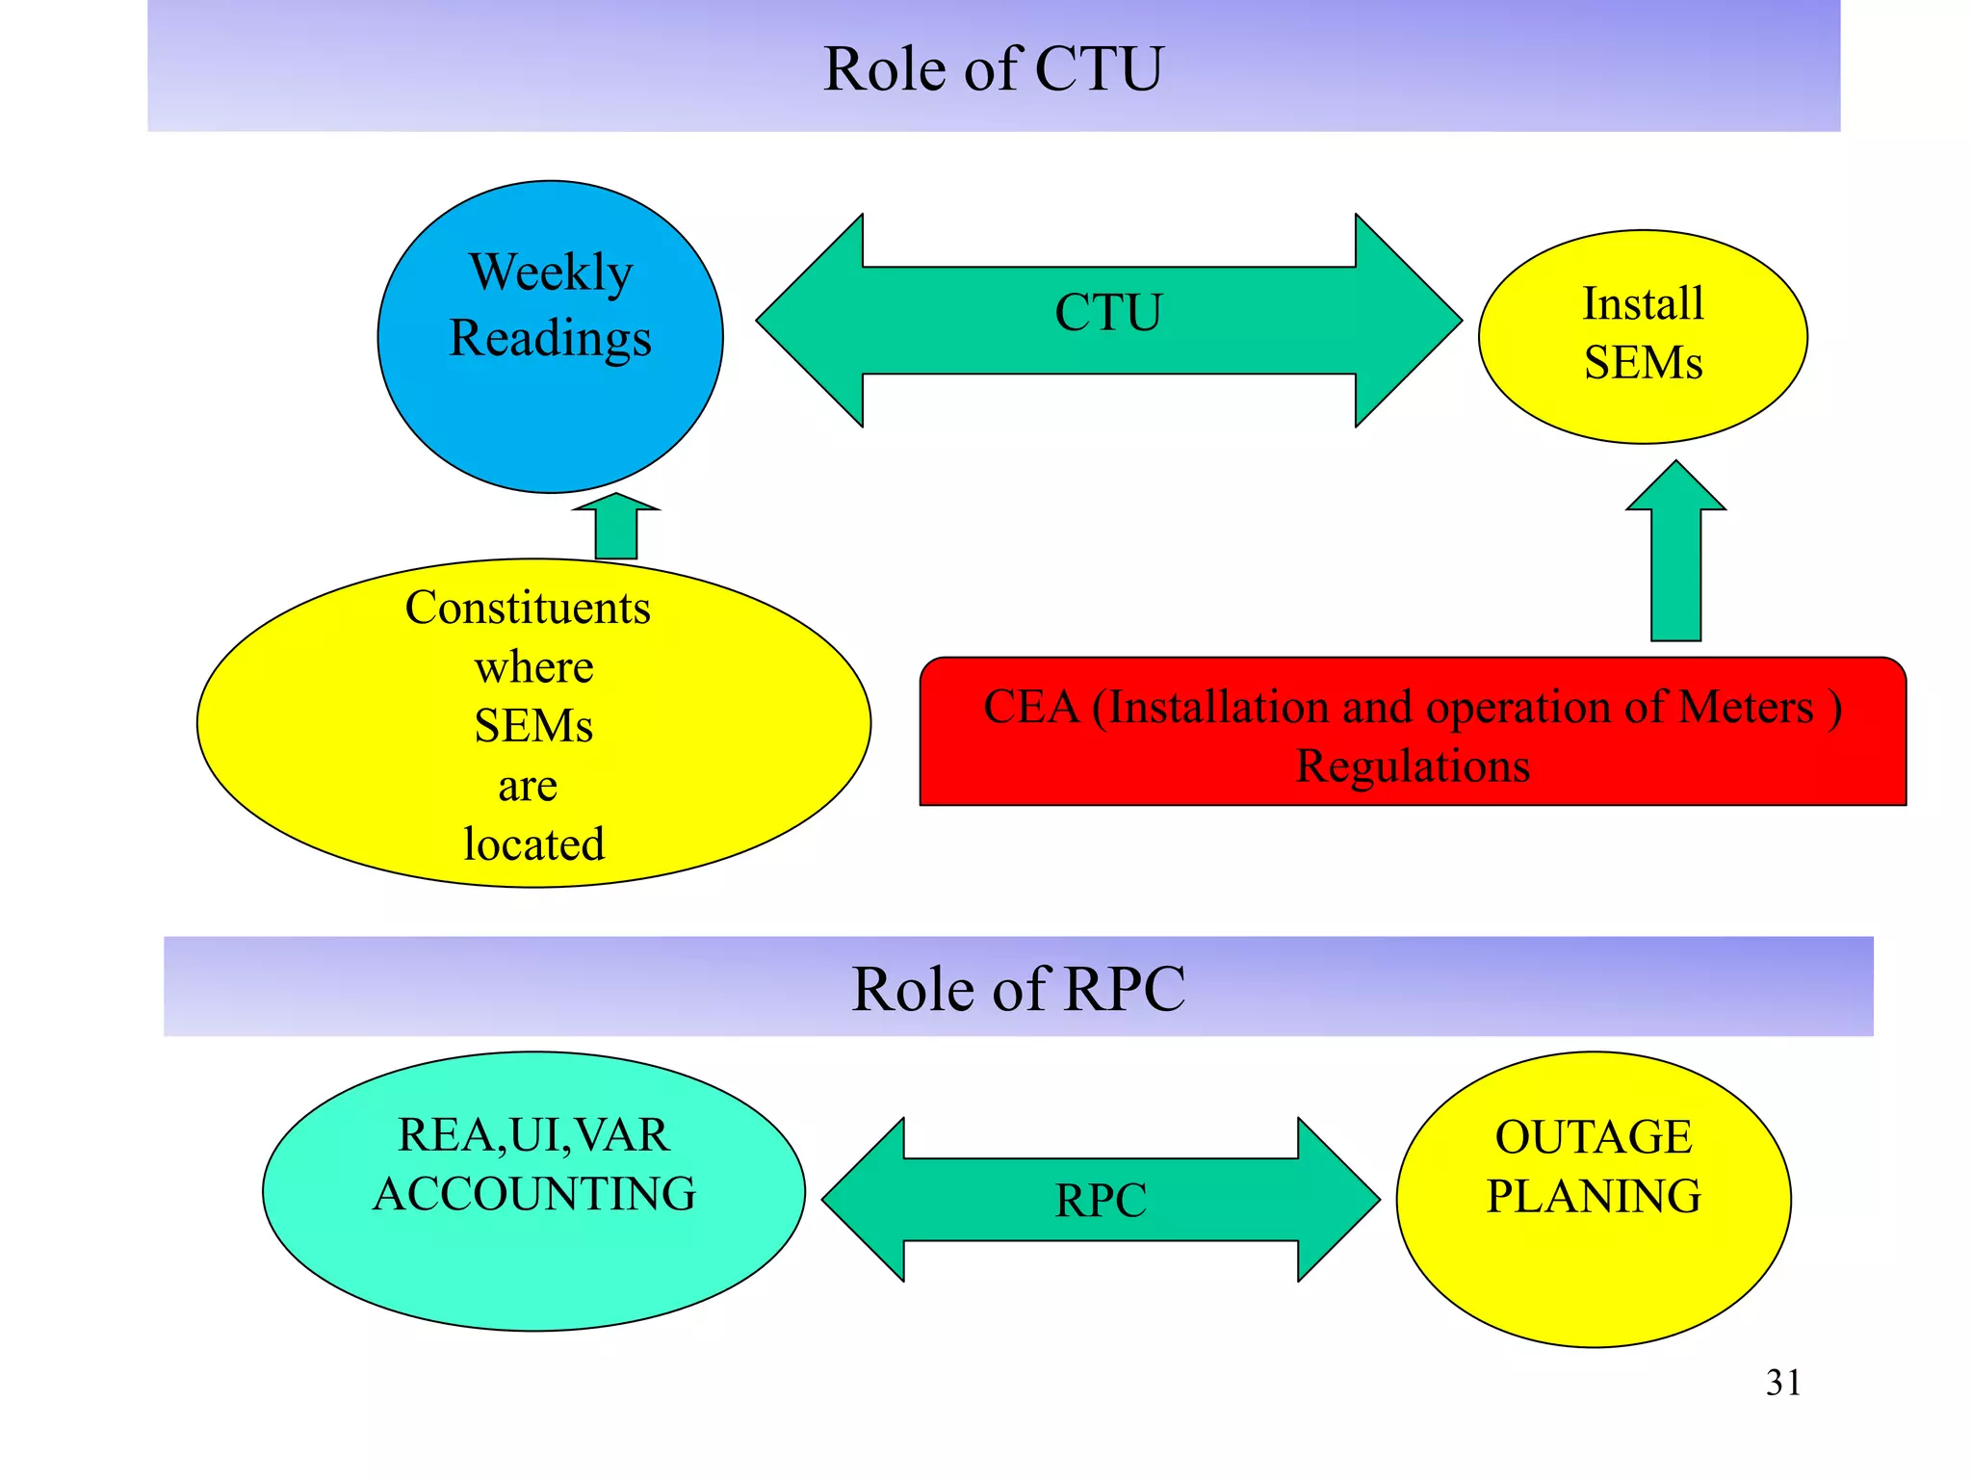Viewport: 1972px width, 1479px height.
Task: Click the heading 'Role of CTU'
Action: pyautogui.click(x=993, y=69)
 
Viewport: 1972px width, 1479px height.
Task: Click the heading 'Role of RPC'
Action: pyautogui.click(x=1018, y=989)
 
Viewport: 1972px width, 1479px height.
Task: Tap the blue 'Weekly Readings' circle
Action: pyautogui.click(x=550, y=404)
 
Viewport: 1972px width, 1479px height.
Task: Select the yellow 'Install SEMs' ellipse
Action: pyautogui.click(x=1643, y=336)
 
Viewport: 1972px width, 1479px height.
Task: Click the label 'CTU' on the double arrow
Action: pyautogui.click(x=1108, y=313)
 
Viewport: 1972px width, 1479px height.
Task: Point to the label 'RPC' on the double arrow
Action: pyautogui.click(x=1101, y=1201)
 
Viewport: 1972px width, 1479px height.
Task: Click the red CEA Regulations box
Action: pyautogui.click(x=1413, y=732)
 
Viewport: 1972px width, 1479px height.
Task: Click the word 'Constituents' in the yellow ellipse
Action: pyautogui.click(x=528, y=608)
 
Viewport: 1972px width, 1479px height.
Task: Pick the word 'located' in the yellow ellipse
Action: pyautogui.click(x=533, y=844)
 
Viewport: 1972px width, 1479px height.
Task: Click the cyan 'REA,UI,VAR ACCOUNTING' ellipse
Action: pyautogui.click(x=533, y=1252)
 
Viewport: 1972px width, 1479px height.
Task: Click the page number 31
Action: pyautogui.click(x=1782, y=1383)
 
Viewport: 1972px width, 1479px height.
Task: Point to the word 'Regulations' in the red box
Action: pyautogui.click(x=1413, y=766)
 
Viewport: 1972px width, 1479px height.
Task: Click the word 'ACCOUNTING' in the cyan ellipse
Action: pyautogui.click(x=534, y=1194)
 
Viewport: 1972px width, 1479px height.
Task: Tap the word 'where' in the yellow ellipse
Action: pyautogui.click(x=533, y=667)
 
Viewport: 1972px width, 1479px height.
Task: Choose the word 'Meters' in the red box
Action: pyautogui.click(x=1746, y=707)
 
